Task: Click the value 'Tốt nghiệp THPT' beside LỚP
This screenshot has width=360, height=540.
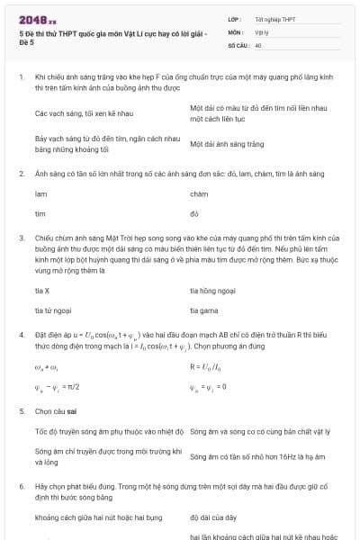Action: pyautogui.click(x=275, y=18)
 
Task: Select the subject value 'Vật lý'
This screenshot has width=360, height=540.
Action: pyautogui.click(x=262, y=31)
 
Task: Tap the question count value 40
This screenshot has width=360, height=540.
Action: pyautogui.click(x=258, y=44)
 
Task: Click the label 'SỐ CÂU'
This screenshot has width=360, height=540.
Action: pyautogui.click(x=238, y=44)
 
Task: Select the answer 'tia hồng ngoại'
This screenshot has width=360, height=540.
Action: pyautogui.click(x=212, y=291)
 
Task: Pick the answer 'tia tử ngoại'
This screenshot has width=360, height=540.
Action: pyautogui.click(x=51, y=310)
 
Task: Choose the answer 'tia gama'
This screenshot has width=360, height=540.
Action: pyautogui.click(x=203, y=310)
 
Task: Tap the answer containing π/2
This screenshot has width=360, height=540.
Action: pyautogui.click(x=59, y=388)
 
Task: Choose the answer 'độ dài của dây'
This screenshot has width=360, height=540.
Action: pyautogui.click(x=212, y=518)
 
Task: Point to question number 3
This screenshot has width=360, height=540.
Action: pyautogui.click(x=22, y=238)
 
